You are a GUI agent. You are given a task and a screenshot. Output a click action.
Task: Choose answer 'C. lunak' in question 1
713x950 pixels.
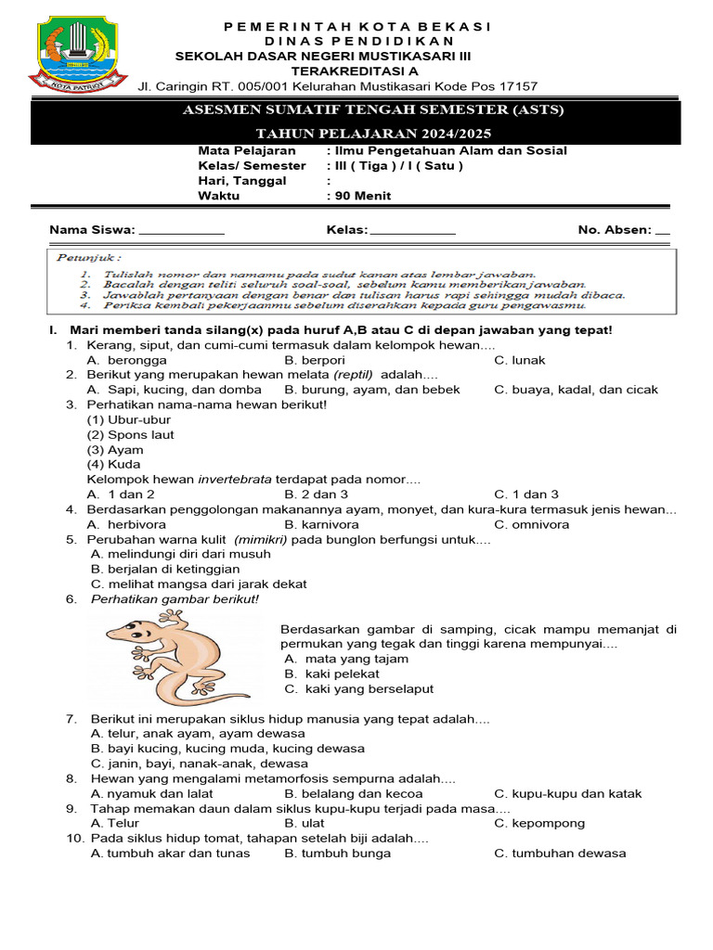[x=520, y=360]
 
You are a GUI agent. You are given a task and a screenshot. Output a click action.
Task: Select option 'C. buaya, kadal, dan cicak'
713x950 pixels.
[x=576, y=390]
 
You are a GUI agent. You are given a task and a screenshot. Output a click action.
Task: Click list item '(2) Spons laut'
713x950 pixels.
[x=130, y=434]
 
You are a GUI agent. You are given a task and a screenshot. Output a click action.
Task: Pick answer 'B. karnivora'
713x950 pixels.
[x=321, y=524]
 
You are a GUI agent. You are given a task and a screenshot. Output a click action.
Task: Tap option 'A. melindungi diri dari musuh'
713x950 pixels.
[x=181, y=554]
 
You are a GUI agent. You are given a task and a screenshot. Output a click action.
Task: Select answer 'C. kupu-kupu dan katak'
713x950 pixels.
[x=567, y=793]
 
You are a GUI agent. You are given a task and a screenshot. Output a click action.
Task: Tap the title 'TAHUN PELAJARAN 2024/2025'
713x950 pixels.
[x=371, y=134]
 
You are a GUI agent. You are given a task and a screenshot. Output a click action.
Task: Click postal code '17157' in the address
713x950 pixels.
[x=518, y=86]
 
